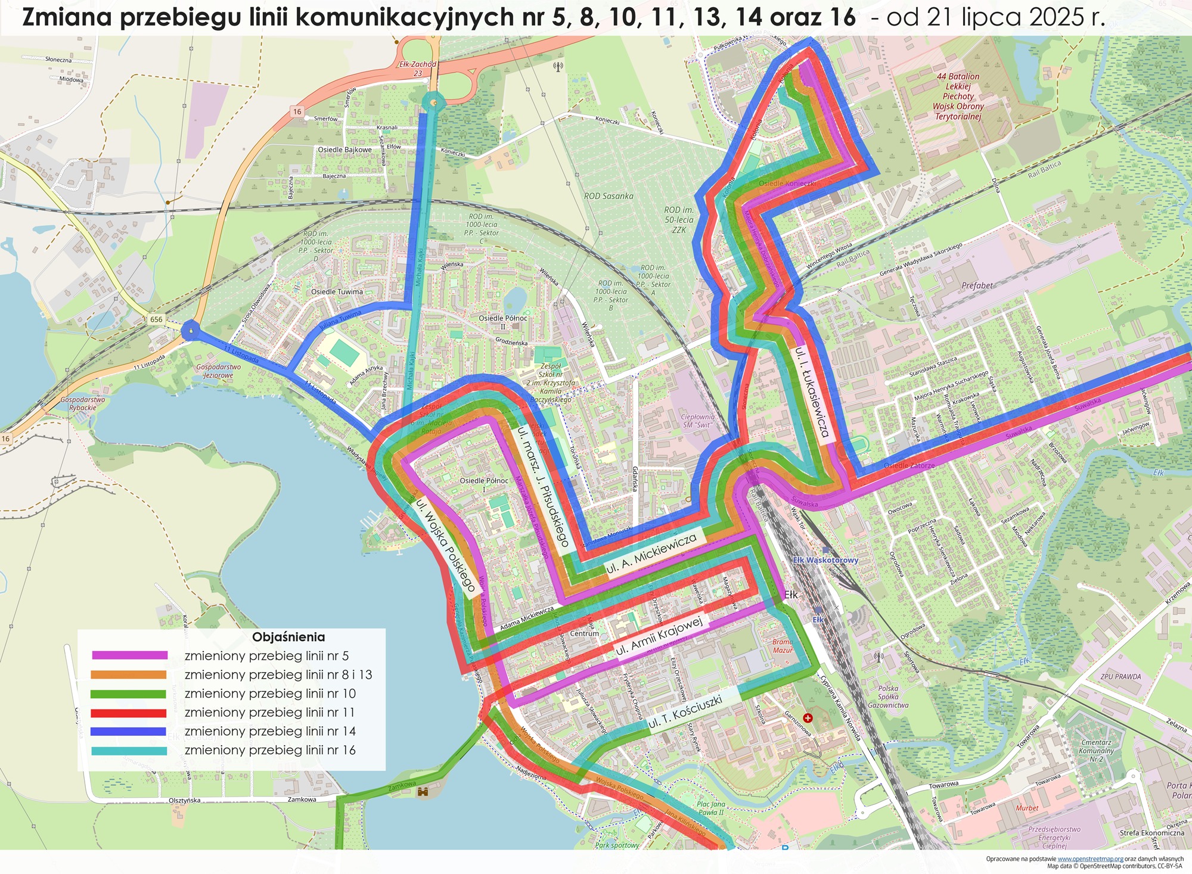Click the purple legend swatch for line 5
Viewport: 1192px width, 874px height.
129,655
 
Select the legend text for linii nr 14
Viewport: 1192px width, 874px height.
269,731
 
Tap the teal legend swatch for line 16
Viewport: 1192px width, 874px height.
129,751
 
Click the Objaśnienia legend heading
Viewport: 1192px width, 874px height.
288,637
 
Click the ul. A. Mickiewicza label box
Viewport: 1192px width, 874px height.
651,554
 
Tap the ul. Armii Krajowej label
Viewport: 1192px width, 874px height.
659,636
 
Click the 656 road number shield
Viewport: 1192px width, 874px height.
156,319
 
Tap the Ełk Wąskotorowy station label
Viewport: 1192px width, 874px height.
825,560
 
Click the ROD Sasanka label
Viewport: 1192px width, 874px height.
609,196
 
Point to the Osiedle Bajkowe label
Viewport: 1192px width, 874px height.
344,150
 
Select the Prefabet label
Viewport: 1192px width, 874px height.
977,285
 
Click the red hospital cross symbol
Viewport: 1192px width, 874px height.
808,719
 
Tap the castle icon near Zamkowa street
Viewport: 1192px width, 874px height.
424,792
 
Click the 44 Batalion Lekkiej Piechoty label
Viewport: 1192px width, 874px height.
958,96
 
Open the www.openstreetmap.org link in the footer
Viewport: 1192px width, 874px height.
1090,859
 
